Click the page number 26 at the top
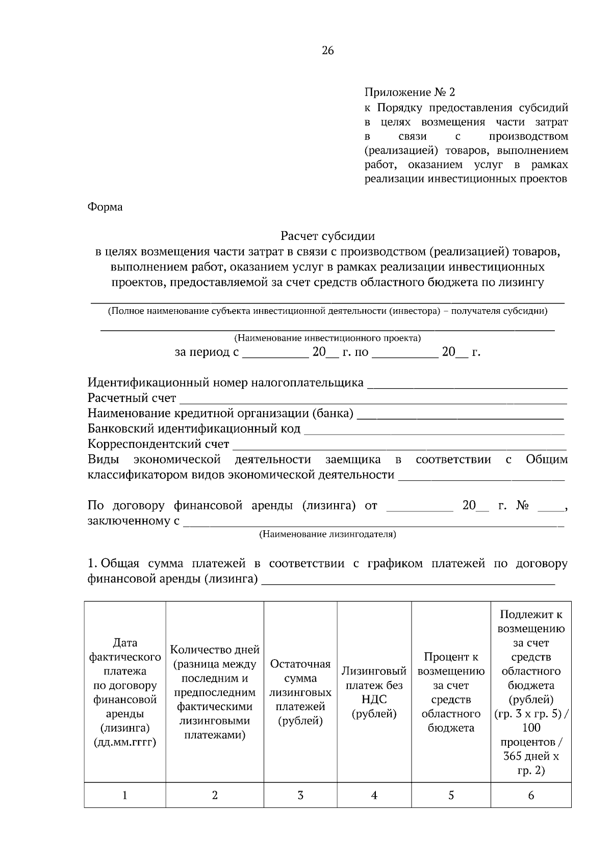pos(327,50)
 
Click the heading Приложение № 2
pos(409,92)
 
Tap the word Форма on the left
pos(105,207)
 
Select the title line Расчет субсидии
pos(327,236)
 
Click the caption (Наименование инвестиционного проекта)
pos(327,338)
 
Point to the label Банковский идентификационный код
pos(194,428)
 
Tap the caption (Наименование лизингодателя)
pos(327,534)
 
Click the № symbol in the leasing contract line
pos(522,505)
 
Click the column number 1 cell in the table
pos(125,795)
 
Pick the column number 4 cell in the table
pos(374,795)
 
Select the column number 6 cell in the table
pos(531,795)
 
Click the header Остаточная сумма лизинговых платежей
pos(300,692)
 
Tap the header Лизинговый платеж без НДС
pos(374,692)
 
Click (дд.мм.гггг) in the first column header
pos(125,742)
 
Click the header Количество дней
pos(215,650)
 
